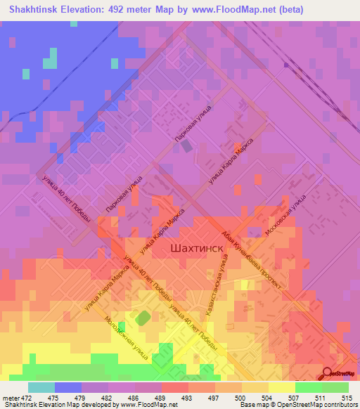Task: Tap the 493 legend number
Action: tap(188, 397)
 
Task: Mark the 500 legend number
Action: tap(242, 397)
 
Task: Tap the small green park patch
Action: tap(142, 318)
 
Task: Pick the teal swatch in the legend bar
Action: tap(41, 387)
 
